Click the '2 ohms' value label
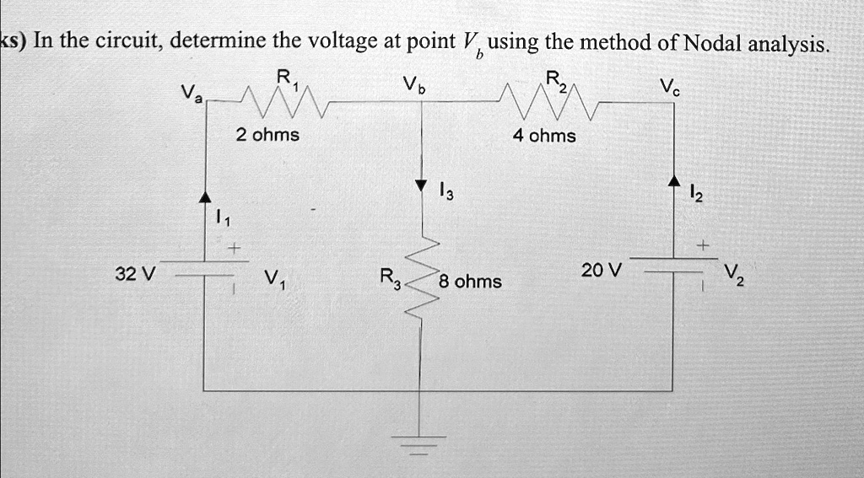point(267,135)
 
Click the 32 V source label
point(135,274)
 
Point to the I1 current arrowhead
point(205,196)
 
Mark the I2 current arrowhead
point(673,180)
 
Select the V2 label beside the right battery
point(733,274)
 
